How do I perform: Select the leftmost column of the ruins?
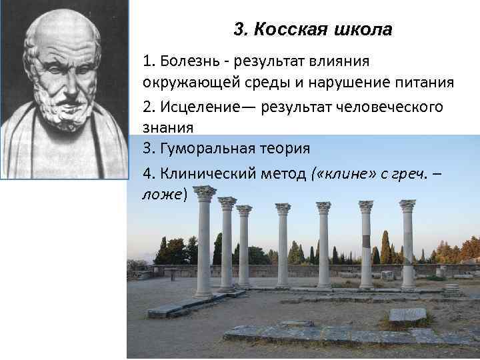204,247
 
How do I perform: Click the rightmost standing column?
407,247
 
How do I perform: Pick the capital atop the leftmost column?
205,193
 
